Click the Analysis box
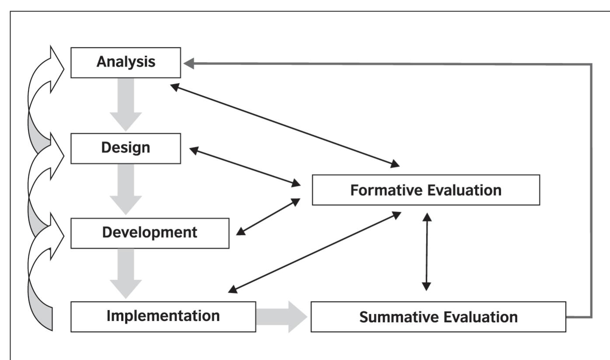click(x=125, y=63)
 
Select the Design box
click(x=125, y=148)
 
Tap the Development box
click(x=150, y=233)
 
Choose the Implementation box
click(x=163, y=316)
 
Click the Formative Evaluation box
click(x=425, y=190)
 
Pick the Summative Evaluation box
click(x=438, y=317)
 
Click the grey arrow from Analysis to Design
click(x=125, y=105)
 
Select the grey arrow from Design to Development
click(x=125, y=190)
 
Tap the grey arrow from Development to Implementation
click(x=125, y=273)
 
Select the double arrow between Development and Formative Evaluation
click(x=268, y=217)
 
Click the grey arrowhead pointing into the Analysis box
click(x=189, y=64)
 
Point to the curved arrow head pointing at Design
click(x=58, y=148)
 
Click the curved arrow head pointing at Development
click(x=58, y=232)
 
